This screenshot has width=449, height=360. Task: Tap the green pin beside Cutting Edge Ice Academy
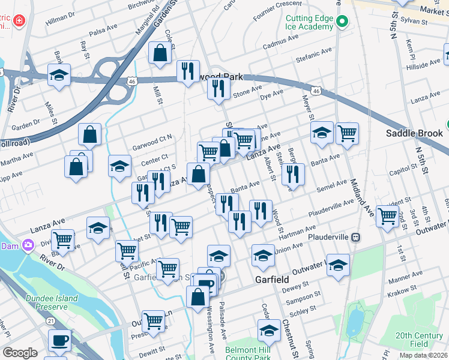point(342,23)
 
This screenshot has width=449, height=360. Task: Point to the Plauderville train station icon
point(355,237)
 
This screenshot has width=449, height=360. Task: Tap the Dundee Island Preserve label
point(51,302)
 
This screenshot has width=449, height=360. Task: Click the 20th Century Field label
point(420,340)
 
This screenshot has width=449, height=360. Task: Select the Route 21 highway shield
point(52,321)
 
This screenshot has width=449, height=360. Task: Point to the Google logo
point(20,353)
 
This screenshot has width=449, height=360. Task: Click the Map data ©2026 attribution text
point(423,355)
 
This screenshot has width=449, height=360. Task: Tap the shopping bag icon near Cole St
point(160,52)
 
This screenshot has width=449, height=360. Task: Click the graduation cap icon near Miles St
point(59,75)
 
